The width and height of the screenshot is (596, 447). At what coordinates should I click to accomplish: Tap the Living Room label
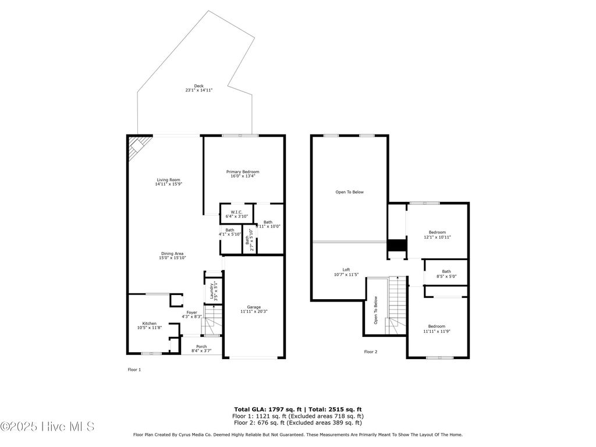click(x=168, y=182)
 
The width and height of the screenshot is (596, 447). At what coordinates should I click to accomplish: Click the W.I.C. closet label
click(x=236, y=214)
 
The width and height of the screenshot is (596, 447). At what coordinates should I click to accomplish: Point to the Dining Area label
click(x=172, y=256)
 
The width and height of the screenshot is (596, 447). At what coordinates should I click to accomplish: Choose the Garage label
click(x=253, y=309)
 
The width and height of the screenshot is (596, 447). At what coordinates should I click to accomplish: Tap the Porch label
click(x=201, y=349)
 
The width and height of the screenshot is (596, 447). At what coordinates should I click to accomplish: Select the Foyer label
click(x=191, y=314)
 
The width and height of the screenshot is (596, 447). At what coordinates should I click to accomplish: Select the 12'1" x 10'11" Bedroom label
click(x=437, y=235)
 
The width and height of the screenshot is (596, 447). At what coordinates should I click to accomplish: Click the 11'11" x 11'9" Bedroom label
click(x=437, y=328)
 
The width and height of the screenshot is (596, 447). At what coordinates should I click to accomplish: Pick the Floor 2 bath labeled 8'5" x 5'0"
click(x=446, y=274)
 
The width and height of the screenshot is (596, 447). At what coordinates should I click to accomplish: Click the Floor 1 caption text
click(x=134, y=370)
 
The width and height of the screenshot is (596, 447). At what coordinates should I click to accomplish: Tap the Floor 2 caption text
click(x=371, y=352)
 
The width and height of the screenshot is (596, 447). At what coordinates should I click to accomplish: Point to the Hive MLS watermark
click(x=48, y=427)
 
